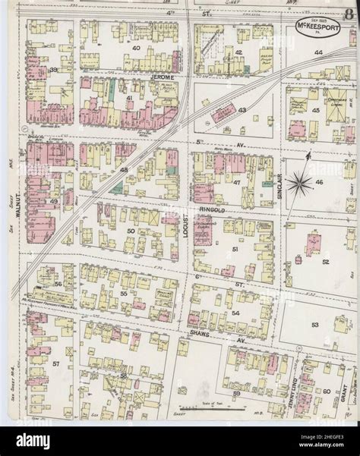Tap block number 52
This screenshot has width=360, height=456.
point(326,261)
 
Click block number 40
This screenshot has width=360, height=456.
point(137,48)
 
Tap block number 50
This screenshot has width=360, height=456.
point(131,231)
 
